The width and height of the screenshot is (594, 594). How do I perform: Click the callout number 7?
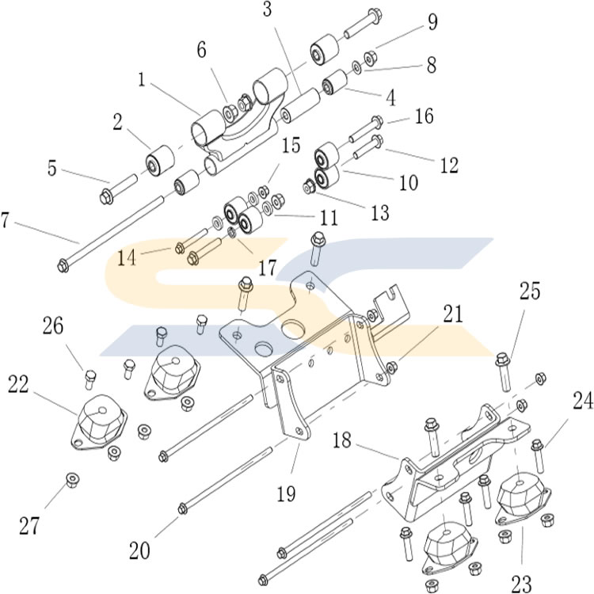[x=7, y=221]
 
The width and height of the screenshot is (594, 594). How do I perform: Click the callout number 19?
[x=287, y=493]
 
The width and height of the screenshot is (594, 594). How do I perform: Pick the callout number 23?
[x=521, y=584]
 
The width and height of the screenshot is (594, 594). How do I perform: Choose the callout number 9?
[x=432, y=21]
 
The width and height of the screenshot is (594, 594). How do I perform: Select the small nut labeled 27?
[x=71, y=479]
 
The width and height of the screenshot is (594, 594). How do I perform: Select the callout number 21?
[x=452, y=315]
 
